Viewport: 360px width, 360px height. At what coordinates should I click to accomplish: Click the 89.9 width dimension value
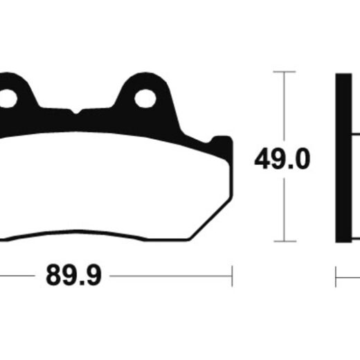point(73,276)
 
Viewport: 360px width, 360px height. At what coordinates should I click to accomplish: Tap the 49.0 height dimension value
point(282,159)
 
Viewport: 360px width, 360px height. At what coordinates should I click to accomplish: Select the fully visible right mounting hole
point(145,98)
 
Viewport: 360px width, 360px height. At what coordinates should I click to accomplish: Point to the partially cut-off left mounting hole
point(8,98)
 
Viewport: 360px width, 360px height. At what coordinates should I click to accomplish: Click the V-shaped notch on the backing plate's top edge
point(75,111)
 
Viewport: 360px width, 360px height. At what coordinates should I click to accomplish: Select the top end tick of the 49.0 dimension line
point(285,72)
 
